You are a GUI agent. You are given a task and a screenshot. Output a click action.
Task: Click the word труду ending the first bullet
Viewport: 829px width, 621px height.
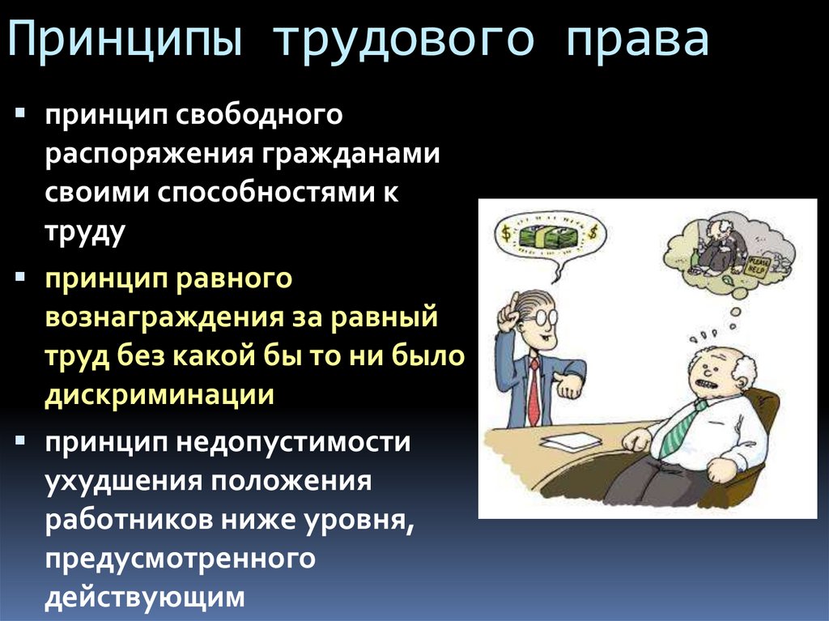(x=85, y=232)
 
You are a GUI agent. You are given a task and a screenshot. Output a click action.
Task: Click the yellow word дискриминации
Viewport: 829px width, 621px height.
(x=159, y=395)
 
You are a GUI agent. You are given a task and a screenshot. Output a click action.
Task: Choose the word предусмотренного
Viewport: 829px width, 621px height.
(x=179, y=559)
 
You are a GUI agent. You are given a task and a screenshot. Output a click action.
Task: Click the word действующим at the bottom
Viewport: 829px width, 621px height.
(x=144, y=598)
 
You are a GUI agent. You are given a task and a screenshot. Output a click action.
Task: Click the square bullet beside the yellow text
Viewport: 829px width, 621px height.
(x=20, y=277)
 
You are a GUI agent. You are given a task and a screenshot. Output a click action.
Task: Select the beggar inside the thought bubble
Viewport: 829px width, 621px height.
(x=717, y=243)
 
